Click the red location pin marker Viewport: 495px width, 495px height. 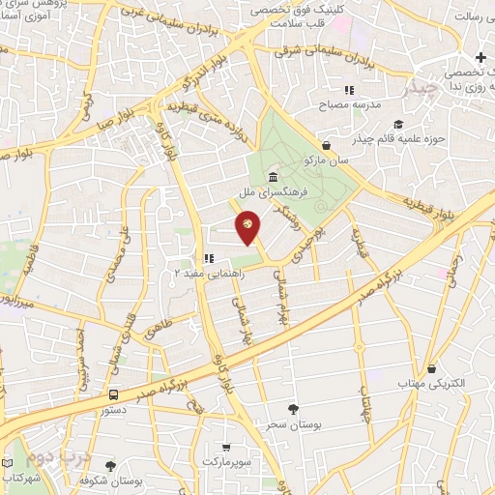click(248, 228)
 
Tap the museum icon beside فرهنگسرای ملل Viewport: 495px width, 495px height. click(275, 178)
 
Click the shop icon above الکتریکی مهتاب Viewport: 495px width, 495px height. click(430, 368)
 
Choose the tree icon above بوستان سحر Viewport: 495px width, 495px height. click(294, 409)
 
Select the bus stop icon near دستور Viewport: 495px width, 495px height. click(113, 395)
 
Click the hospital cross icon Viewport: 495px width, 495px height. click(480, 58)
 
